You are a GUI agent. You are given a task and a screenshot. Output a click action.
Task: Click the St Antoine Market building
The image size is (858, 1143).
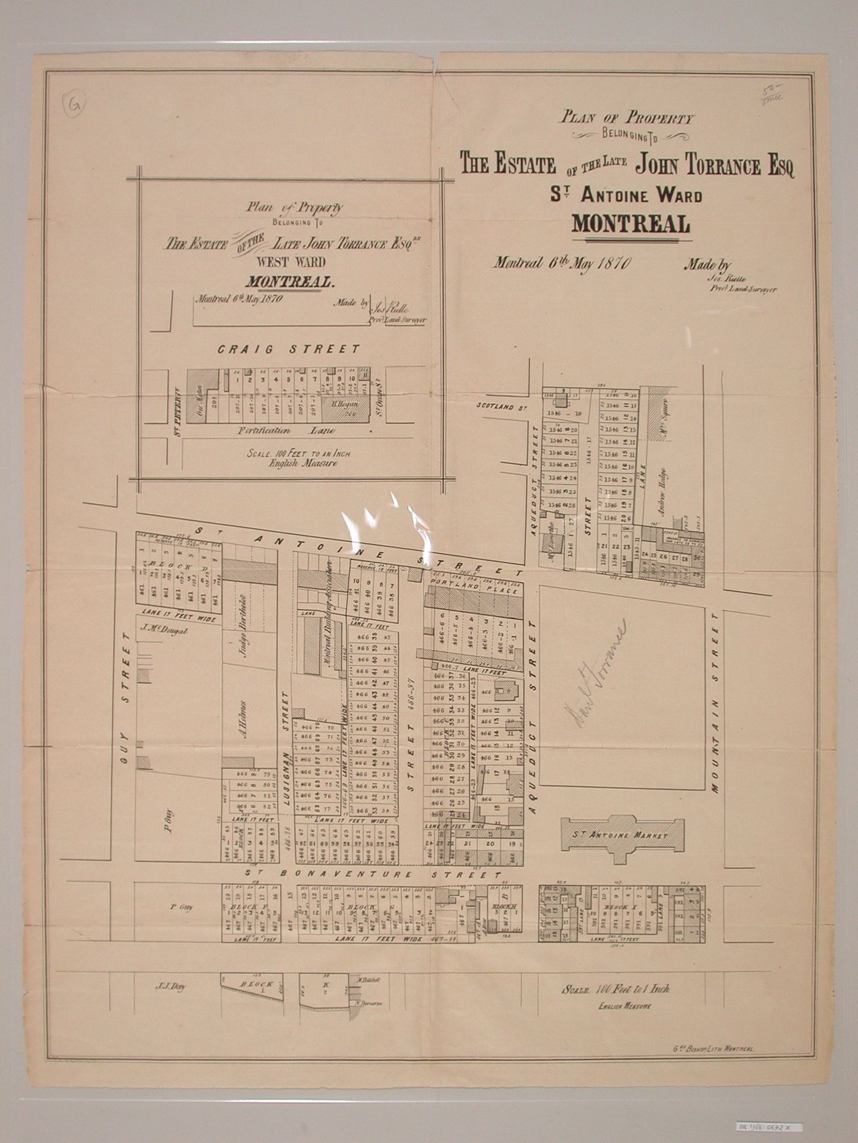click(623, 836)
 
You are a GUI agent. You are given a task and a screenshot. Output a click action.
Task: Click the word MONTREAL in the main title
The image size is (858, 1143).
click(631, 224)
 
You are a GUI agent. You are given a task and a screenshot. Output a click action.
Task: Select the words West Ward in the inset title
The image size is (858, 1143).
click(290, 262)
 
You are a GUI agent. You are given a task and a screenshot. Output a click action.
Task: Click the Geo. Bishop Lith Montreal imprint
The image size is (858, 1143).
click(713, 1049)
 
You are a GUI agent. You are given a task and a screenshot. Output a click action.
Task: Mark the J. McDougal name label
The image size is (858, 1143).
click(162, 628)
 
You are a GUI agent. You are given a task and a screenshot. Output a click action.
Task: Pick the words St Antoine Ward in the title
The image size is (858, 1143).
click(626, 196)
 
